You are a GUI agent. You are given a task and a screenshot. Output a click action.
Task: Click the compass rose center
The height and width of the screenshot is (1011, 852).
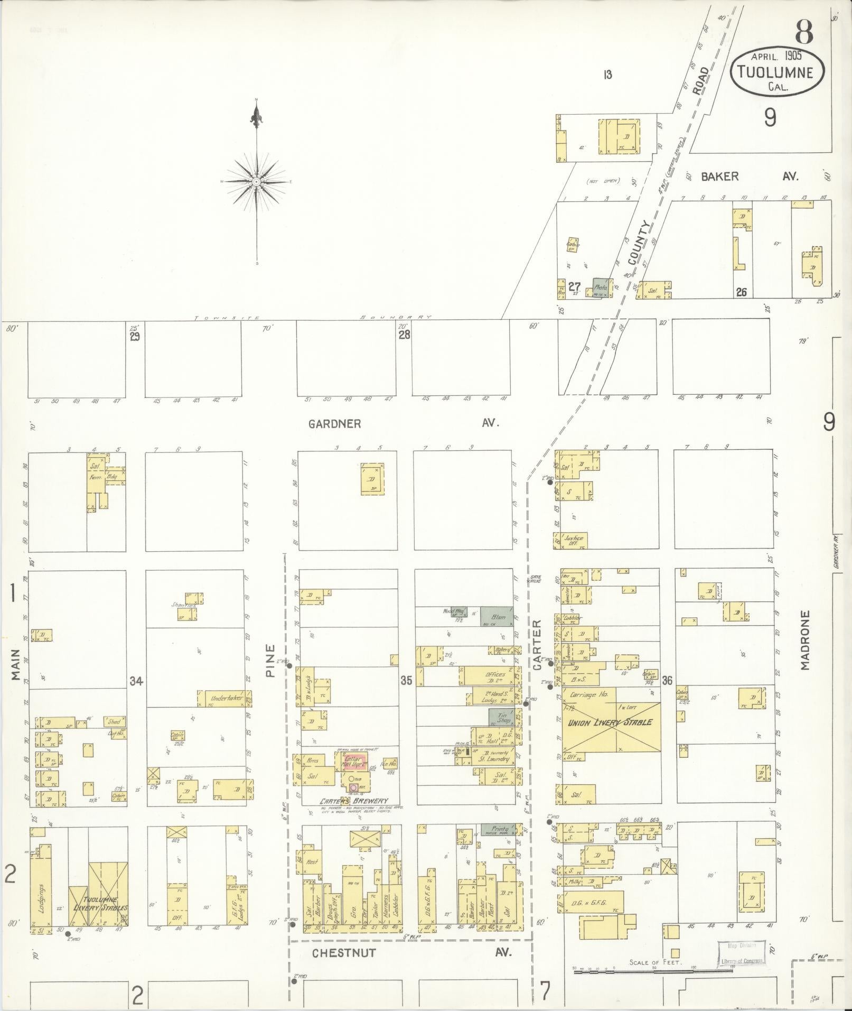(257, 181)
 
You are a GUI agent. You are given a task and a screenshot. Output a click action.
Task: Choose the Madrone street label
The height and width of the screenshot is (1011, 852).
(804, 641)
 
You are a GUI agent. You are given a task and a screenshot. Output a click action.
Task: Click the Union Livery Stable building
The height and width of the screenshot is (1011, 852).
(610, 722)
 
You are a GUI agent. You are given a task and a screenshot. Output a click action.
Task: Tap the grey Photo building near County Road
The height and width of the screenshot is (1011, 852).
(601, 288)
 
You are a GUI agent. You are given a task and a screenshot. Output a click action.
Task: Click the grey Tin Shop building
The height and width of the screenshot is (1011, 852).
(501, 718)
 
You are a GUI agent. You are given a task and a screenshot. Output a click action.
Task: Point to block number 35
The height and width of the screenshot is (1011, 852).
(406, 681)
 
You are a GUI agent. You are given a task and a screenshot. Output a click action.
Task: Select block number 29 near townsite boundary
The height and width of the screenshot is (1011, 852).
(135, 337)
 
